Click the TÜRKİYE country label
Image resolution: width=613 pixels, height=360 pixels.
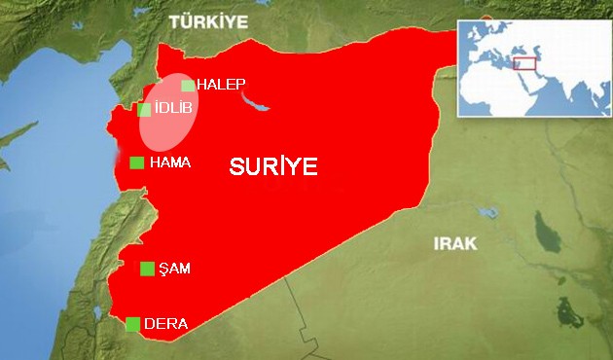pyautogui.click(x=208, y=20)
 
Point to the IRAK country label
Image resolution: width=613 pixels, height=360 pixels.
pyautogui.click(x=455, y=243)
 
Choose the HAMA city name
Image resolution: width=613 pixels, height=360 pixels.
pyautogui.click(x=170, y=162)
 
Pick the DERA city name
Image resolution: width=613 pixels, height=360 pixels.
pyautogui.click(x=165, y=324)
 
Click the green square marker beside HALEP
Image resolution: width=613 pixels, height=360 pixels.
pyautogui.click(x=188, y=86)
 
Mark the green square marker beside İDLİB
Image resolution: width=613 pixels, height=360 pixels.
pyautogui.click(x=144, y=109)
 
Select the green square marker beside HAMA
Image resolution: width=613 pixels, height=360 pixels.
pyautogui.click(x=136, y=162)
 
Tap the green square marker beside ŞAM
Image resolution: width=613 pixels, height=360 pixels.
pyautogui.click(x=147, y=269)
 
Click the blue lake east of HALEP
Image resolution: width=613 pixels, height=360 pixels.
pyautogui.click(x=256, y=100)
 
